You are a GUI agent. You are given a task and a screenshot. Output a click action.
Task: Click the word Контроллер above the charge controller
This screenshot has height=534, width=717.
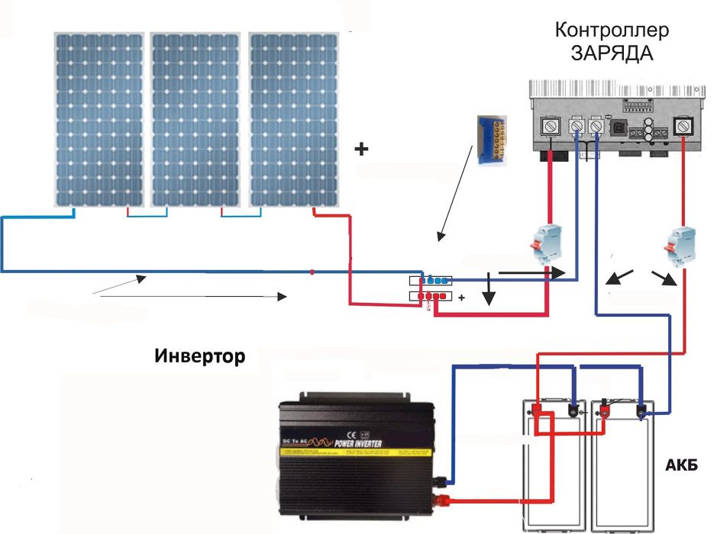pos(612,31)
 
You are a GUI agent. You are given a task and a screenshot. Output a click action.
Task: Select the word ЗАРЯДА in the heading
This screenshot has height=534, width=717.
pos(612,53)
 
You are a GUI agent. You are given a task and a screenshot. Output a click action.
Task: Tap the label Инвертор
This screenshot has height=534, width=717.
pos(200,355)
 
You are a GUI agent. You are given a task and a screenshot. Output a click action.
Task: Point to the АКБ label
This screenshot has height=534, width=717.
pos(682,465)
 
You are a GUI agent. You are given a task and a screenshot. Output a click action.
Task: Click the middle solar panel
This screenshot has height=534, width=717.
pos(195,119)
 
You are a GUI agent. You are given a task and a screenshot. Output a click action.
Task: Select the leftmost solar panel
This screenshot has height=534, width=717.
pos(99,119)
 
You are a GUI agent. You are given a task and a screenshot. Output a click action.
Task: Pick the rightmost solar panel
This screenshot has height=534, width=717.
pos(293,119)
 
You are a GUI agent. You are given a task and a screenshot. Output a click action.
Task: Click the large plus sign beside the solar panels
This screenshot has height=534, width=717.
pos(361,150)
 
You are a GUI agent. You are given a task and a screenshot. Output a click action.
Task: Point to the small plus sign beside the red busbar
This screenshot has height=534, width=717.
pos(461,300)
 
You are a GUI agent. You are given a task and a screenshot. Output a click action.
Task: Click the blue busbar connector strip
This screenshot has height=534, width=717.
pos(432,281)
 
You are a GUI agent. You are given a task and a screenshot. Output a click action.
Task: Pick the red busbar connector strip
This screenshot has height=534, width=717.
pos(432,296)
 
